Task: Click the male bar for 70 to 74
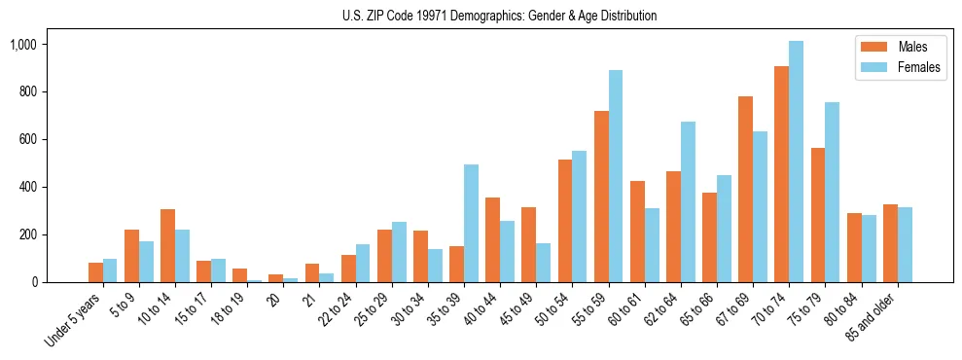[x=781, y=174]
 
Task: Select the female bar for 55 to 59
[x=616, y=176]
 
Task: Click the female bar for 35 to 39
[x=471, y=223]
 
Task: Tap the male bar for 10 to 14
[x=167, y=245]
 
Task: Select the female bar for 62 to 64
[x=688, y=201]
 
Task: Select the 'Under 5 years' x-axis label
[x=74, y=319]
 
